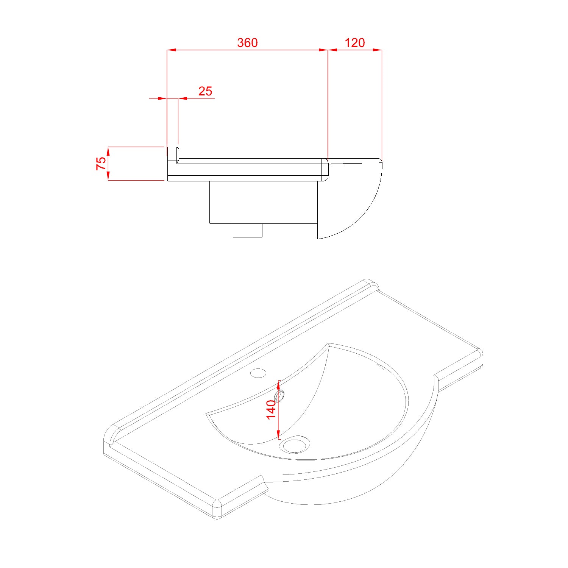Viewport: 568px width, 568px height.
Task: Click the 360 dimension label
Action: point(247,43)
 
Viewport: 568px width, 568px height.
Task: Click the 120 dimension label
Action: point(355,43)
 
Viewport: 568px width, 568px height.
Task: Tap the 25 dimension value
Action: point(205,91)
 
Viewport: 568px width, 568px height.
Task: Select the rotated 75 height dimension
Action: point(101,163)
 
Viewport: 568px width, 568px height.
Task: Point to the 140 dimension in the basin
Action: point(271,409)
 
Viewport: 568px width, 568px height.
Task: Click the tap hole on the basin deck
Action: point(258,373)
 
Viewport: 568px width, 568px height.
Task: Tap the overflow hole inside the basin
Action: point(280,396)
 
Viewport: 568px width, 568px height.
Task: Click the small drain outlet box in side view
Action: point(247,230)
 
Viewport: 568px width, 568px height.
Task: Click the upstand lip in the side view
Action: point(173,153)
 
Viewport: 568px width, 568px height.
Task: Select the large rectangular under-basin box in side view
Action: point(263,202)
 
